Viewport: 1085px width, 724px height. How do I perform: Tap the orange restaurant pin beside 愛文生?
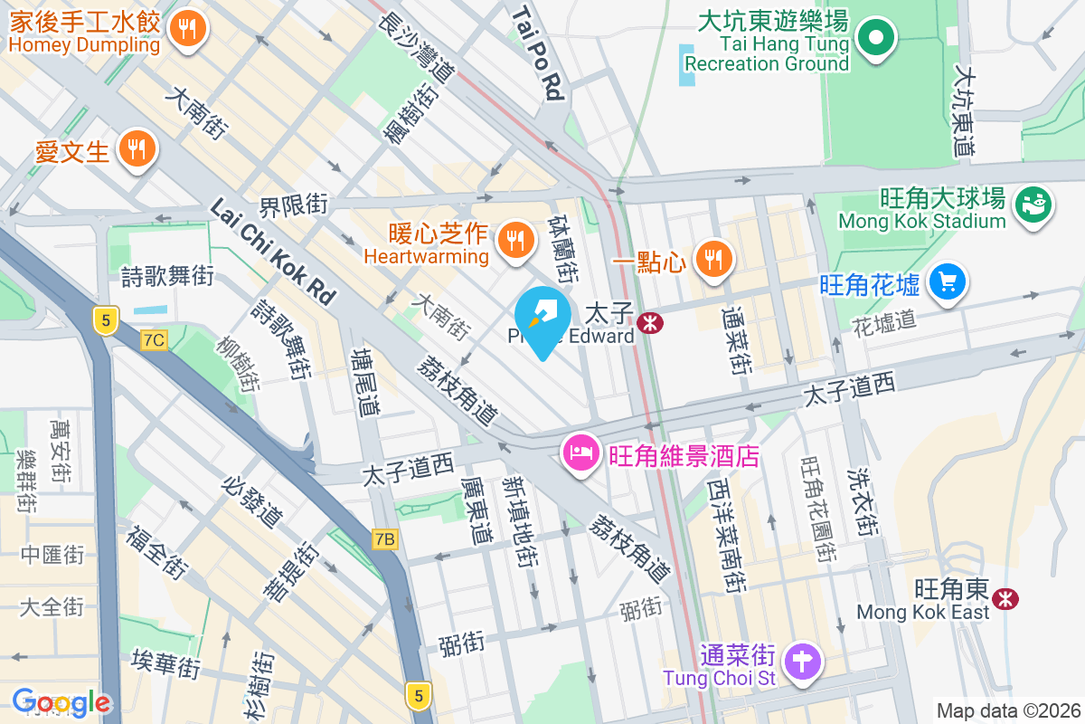click(137, 149)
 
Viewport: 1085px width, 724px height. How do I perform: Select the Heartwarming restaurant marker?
click(515, 241)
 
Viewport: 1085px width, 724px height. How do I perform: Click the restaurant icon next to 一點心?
click(714, 259)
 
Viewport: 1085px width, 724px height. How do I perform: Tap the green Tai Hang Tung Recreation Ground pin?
click(876, 38)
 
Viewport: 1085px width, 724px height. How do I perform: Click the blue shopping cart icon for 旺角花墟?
click(947, 282)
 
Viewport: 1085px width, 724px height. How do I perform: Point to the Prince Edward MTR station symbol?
click(648, 322)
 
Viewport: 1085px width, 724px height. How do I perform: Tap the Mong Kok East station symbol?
click(1005, 598)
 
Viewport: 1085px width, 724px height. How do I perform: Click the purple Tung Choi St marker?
click(801, 661)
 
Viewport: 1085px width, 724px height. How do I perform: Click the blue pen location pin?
click(542, 317)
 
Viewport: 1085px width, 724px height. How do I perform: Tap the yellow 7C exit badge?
click(155, 340)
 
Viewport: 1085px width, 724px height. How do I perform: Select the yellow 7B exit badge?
click(384, 540)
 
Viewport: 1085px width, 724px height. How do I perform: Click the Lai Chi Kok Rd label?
click(272, 251)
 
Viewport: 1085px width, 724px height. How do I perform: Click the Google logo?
click(61, 702)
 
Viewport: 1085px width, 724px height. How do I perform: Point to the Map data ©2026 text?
click(1007, 710)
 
